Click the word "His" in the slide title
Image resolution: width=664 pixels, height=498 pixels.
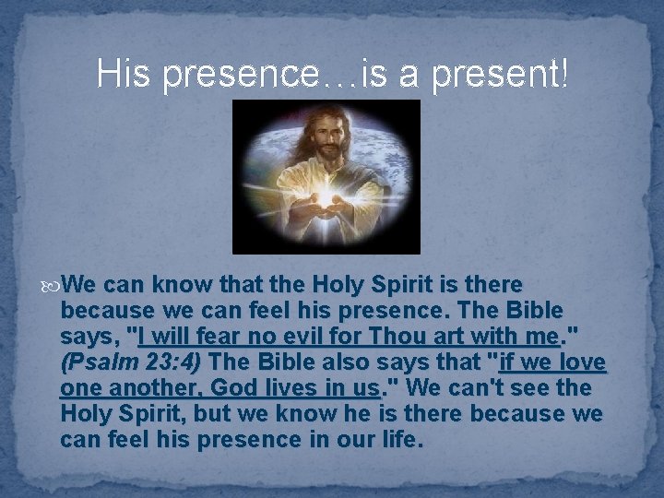[125, 74]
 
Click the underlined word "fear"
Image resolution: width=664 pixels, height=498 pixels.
[228, 335]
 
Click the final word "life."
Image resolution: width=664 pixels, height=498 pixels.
[401, 440]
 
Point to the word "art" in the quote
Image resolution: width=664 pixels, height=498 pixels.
[469, 335]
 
